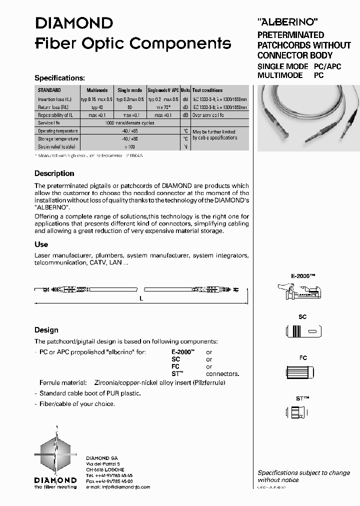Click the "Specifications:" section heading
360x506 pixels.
[59, 78]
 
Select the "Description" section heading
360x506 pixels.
[54, 173]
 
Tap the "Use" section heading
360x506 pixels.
[41, 244]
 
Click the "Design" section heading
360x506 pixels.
[46, 330]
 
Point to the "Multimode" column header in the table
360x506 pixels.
[97, 90]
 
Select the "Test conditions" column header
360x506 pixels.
[207, 90]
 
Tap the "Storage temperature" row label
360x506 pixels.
[58, 138]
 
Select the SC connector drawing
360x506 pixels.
[302, 331]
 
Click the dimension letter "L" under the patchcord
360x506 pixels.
[141, 298]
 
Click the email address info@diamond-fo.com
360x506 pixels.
[124, 486]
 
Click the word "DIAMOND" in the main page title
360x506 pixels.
[73, 23]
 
